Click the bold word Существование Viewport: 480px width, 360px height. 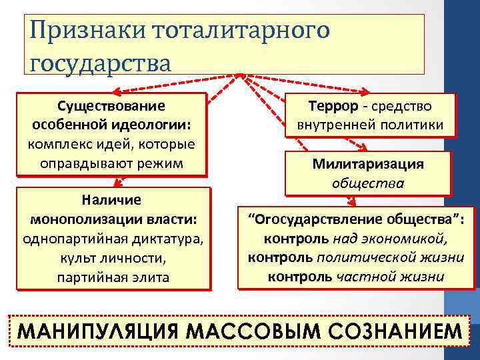[x=111, y=107]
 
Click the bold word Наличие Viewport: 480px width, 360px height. [x=111, y=200]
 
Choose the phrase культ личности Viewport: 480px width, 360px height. [x=111, y=257]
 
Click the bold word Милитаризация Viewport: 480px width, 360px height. [x=369, y=164]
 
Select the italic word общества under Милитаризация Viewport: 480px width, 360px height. [x=369, y=182]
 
